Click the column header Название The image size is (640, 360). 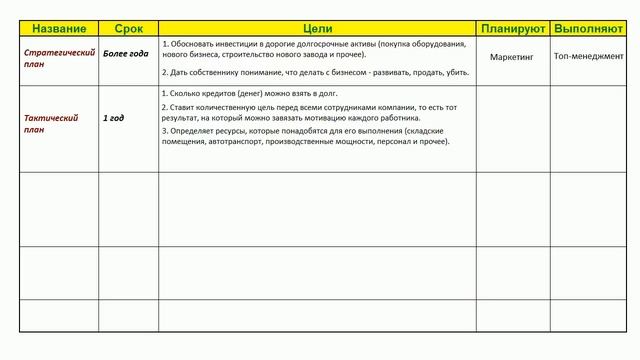[x=59, y=28]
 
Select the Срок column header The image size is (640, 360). [x=128, y=28]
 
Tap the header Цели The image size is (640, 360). [x=317, y=28]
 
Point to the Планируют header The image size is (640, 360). [x=512, y=28]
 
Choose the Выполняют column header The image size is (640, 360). [x=588, y=28]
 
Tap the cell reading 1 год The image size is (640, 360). [x=114, y=118]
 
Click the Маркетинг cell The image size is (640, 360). [x=512, y=58]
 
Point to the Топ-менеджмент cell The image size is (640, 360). [x=588, y=58]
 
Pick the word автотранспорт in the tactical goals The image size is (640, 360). [x=231, y=141]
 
